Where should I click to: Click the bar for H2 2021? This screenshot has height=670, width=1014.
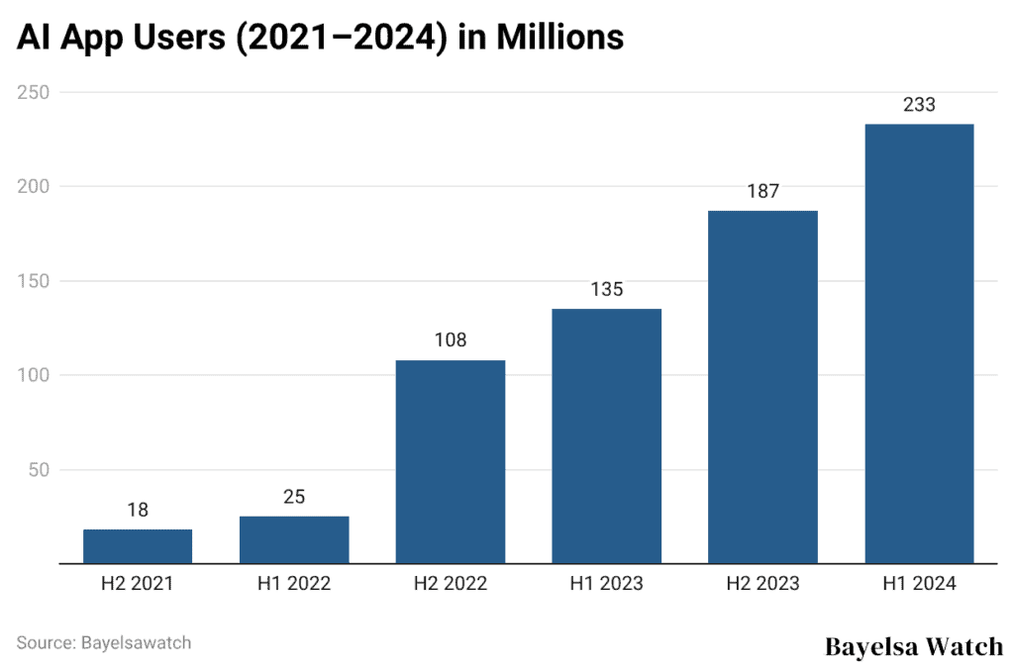[138, 546]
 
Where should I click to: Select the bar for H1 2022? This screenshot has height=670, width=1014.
[294, 539]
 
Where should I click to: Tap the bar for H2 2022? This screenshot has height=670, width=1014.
[450, 461]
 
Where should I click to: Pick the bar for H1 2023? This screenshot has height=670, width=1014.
[606, 435]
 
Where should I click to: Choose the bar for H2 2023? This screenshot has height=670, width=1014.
[762, 387]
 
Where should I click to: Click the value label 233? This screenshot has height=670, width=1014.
[919, 105]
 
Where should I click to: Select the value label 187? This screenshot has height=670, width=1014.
[762, 192]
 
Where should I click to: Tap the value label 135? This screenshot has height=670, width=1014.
[606, 290]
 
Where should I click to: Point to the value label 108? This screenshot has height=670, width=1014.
[450, 340]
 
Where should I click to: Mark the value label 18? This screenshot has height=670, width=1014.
[138, 511]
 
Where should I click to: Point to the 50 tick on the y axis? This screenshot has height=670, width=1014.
[38, 469]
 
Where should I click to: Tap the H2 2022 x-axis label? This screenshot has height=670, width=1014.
[450, 584]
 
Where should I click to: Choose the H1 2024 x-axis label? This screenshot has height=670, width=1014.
[919, 584]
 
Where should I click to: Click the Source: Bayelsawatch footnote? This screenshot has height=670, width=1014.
[104, 642]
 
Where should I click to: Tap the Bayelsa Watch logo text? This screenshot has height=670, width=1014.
[913, 646]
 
